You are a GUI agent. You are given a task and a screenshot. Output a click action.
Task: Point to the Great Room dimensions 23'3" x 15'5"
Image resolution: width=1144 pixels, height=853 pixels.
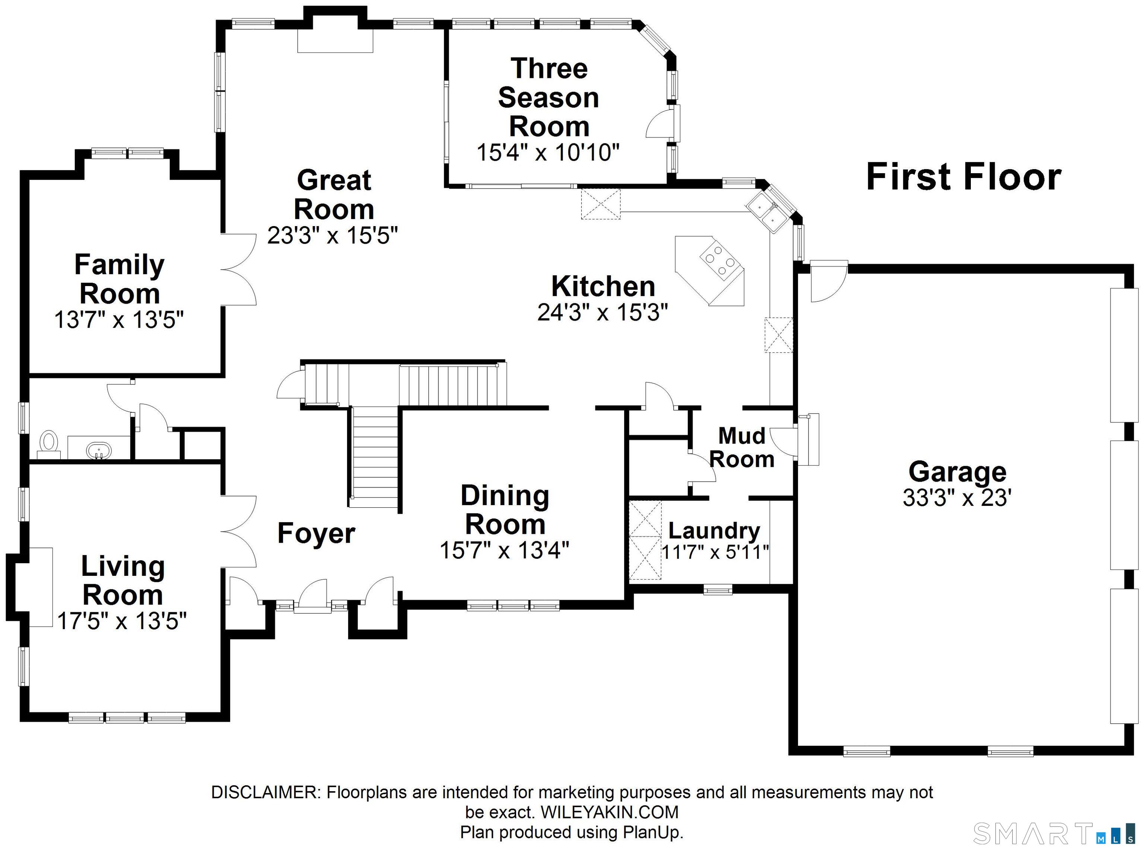click(x=333, y=235)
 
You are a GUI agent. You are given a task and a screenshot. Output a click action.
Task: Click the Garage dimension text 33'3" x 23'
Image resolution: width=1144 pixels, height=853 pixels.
click(x=957, y=498)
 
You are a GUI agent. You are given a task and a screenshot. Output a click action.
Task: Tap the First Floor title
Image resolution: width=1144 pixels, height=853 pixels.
click(x=963, y=177)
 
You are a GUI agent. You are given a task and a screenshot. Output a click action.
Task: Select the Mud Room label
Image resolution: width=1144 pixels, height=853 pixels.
click(x=742, y=447)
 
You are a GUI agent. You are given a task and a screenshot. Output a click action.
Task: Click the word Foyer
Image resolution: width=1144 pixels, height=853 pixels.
click(x=316, y=533)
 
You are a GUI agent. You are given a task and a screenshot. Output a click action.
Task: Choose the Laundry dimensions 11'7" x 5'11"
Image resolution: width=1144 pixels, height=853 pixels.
click(x=715, y=552)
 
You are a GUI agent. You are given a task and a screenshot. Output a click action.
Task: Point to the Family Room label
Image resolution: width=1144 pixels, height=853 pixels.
click(x=119, y=279)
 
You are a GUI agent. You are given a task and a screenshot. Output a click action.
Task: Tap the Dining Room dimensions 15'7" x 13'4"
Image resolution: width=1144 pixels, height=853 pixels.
click(x=504, y=551)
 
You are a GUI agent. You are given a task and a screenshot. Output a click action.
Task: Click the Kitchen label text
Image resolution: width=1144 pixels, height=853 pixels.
click(x=603, y=286)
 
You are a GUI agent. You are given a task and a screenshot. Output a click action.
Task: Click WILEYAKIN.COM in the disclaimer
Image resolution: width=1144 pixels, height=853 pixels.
click(x=609, y=812)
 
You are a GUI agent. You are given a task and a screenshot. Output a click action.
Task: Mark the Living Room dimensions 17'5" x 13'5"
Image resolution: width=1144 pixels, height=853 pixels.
click(x=121, y=621)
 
